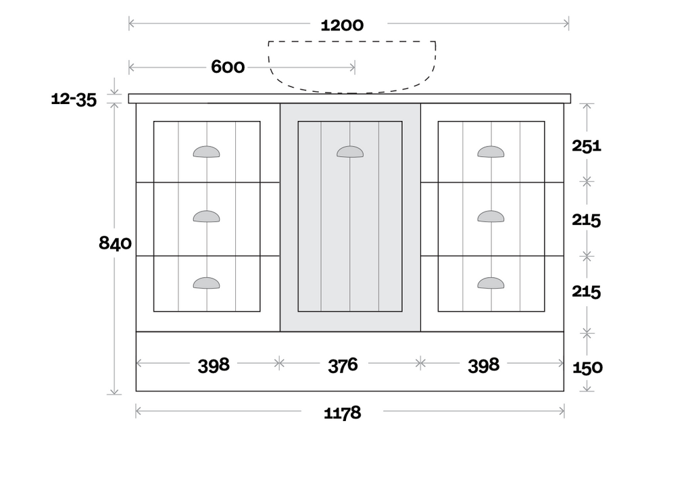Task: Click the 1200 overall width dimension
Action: tap(342, 26)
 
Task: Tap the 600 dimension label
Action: tap(228, 67)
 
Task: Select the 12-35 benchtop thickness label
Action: tap(74, 100)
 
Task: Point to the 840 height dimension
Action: tap(115, 243)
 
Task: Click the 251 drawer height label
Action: tap(587, 145)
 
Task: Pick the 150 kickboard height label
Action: tap(587, 368)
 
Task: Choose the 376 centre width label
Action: tap(343, 365)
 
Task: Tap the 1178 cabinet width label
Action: tap(342, 412)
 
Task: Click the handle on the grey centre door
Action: tap(350, 152)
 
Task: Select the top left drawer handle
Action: tap(206, 152)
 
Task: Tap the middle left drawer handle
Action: tap(206, 216)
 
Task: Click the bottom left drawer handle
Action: tap(206, 283)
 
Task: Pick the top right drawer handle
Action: tap(491, 152)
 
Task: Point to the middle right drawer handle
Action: tap(491, 216)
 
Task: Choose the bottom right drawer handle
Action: tap(491, 283)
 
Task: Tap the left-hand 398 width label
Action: tap(214, 365)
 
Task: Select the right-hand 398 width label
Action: tap(483, 365)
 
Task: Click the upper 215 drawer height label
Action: tap(587, 220)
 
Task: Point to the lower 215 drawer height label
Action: tap(587, 292)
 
